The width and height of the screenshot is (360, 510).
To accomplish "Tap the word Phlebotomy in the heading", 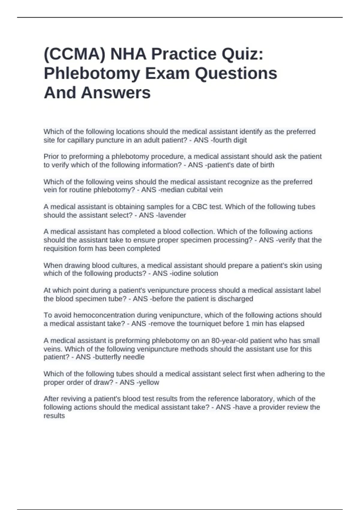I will point(91,73).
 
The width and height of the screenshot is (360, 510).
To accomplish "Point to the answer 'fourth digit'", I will point(229,140).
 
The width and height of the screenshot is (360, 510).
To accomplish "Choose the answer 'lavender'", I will point(172,215).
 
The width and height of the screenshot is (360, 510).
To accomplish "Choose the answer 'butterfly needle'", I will point(120,357).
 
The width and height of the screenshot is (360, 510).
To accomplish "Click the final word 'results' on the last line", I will point(54,416).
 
